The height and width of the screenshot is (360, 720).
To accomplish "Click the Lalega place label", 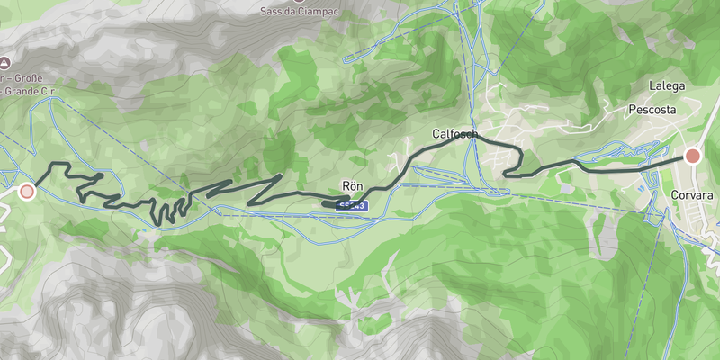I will (x=668, y=86).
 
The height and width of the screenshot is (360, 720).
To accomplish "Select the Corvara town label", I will (x=691, y=194).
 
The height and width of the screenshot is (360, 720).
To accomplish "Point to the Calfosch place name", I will (x=454, y=134).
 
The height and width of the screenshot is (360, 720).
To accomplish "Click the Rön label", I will (x=352, y=187).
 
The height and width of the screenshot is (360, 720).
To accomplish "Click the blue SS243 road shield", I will (x=351, y=206).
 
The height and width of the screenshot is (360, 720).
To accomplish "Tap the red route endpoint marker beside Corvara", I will (x=692, y=157).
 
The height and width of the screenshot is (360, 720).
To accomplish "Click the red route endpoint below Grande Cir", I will (x=27, y=191).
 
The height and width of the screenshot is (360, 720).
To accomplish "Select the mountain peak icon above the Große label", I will (x=4, y=63).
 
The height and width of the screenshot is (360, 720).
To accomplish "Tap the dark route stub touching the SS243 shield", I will (x=331, y=203).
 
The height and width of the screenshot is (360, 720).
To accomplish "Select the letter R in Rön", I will (x=346, y=187).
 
